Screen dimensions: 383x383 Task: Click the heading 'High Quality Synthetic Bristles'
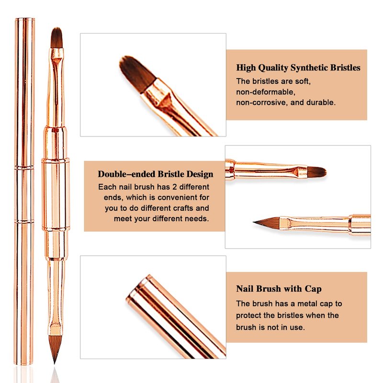tap(298, 68)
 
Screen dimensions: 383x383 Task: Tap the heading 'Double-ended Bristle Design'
tap(156, 174)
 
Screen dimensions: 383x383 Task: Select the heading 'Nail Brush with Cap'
tap(279, 289)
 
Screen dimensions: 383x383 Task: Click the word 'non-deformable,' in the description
tap(266, 92)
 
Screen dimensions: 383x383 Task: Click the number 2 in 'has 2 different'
tap(174, 187)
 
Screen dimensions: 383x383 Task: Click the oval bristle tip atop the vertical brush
tap(56, 37)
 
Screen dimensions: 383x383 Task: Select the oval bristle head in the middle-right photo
tap(316, 171)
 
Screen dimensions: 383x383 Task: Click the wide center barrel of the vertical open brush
tap(56, 195)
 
